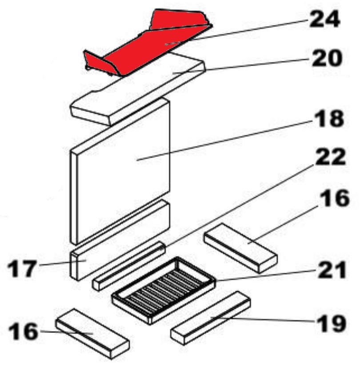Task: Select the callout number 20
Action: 326,58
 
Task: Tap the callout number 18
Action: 328,119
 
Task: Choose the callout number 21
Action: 332,270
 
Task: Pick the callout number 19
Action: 331,324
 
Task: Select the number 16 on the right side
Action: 336,198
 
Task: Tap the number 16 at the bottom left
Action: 23,331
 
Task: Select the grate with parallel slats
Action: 164,290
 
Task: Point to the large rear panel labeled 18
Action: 120,171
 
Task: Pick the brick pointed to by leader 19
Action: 211,318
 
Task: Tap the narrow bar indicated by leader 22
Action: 129,266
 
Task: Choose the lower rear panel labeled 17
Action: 120,240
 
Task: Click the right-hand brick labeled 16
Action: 240,248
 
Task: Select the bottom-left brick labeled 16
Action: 92,333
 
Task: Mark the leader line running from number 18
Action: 225,140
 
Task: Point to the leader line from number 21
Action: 266,275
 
